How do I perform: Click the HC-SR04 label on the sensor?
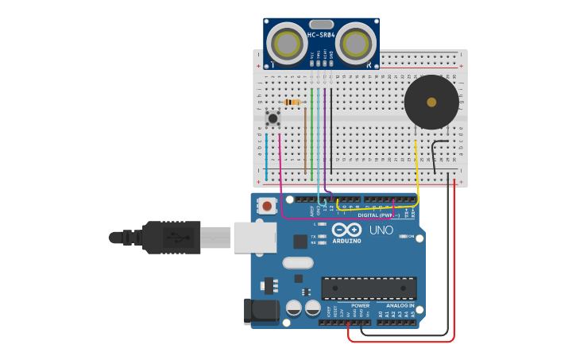tap(321, 35)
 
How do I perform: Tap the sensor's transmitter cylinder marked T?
tap(286, 43)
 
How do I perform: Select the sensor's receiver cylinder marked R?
tap(355, 43)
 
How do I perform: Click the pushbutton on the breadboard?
tap(273, 118)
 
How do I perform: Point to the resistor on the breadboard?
tap(292, 102)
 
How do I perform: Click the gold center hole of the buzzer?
tap(431, 102)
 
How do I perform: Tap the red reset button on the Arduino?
tap(267, 206)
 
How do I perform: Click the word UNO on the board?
tap(381, 230)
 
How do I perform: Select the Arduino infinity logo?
tap(352, 230)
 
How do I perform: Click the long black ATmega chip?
tap(369, 288)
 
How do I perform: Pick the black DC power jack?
tap(261, 311)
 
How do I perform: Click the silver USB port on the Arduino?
tap(255, 237)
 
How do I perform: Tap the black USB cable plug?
tap(171, 237)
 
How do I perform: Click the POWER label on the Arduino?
tap(360, 305)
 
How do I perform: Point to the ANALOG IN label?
tap(400, 305)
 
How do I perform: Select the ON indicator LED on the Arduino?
tap(403, 236)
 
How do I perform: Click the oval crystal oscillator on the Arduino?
tap(298, 262)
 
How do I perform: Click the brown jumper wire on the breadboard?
tap(305, 143)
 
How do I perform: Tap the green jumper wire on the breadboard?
tap(312, 135)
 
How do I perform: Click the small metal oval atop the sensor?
tap(321, 24)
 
